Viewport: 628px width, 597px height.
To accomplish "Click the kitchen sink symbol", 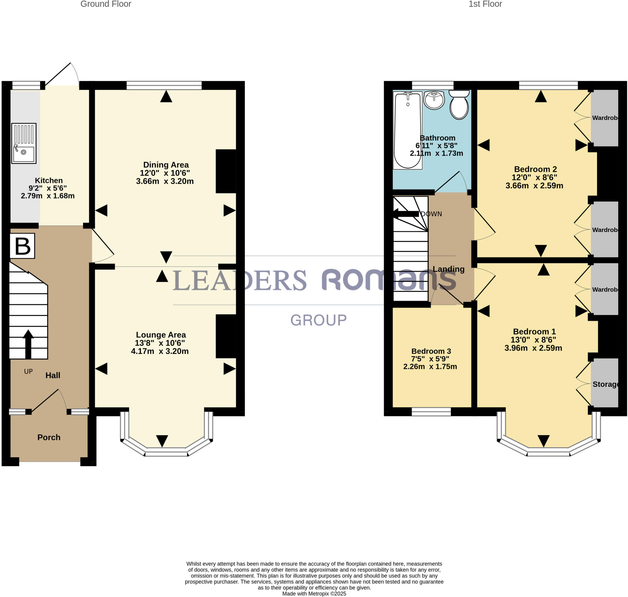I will [x=24, y=143].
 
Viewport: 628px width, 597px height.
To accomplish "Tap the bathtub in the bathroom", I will [x=407, y=130].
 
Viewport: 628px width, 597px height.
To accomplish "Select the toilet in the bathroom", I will [x=459, y=105].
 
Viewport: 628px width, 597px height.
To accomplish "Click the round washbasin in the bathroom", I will [x=434, y=100].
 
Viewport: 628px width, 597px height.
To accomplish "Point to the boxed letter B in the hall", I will [x=22, y=246].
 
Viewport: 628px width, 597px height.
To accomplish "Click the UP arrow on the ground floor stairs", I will [x=28, y=344].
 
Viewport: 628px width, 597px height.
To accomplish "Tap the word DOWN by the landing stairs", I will [x=431, y=214].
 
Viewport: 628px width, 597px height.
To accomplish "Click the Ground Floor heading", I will [x=105, y=4].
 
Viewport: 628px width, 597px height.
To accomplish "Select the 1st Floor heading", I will [x=485, y=4].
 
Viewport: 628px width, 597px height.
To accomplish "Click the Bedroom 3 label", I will [x=431, y=351].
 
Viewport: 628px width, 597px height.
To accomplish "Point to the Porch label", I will [x=49, y=437].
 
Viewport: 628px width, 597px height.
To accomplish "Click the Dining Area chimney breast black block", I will [x=226, y=171].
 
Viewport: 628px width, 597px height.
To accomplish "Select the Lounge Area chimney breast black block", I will [x=226, y=336].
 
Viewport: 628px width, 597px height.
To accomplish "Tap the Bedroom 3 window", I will [x=431, y=412].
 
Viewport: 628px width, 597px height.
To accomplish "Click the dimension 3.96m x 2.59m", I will [x=533, y=348].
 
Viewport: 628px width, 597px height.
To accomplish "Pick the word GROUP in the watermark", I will [x=318, y=320].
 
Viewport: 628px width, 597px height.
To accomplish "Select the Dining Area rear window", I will [x=164, y=85].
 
